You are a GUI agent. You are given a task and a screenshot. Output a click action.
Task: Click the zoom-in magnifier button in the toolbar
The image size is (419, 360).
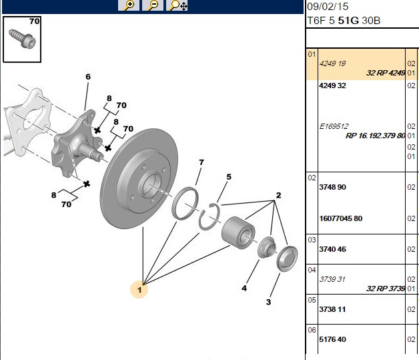coord(129,5)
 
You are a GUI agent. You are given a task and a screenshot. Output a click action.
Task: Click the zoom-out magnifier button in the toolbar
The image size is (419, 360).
coord(153,5)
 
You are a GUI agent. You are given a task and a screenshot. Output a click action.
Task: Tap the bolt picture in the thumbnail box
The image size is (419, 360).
coord(22,39)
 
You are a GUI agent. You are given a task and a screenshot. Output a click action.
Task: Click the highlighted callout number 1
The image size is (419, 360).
coord(139,290)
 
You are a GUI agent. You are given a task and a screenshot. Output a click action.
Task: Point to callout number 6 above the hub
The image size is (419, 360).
coord(88,77)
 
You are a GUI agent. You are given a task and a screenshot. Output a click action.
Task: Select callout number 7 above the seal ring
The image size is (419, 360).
coord(201,162)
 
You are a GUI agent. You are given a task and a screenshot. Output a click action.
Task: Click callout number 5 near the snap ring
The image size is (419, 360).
coord(229,177)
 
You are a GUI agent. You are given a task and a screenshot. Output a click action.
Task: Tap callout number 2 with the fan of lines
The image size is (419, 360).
coord(278,195)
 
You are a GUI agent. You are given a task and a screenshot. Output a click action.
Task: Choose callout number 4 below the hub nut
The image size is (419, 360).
coord(244,288)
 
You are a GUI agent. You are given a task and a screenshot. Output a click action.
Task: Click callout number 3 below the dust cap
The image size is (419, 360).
coord(269,302)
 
